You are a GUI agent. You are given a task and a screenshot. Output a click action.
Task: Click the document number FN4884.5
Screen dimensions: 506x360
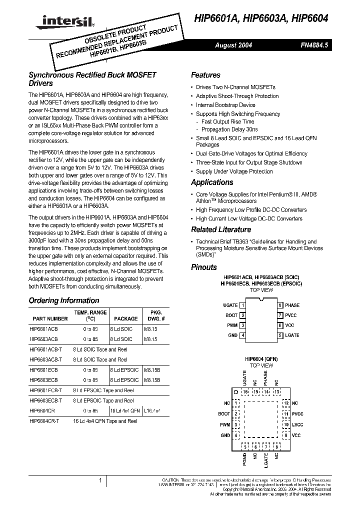314,45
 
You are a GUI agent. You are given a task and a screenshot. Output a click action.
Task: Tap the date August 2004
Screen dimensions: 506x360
233,45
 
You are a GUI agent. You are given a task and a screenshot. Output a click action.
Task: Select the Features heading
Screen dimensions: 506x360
205,75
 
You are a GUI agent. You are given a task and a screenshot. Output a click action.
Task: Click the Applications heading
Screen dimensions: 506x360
212,182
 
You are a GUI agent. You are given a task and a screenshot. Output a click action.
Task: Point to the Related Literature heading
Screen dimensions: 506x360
221,229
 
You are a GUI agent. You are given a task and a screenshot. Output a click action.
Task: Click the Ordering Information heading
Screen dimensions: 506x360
64,300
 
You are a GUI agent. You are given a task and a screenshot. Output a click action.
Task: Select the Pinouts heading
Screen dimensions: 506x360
204,267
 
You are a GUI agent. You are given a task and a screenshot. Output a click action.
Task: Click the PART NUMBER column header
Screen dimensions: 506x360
50,318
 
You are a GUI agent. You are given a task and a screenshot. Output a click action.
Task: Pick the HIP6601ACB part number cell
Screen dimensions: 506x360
44,329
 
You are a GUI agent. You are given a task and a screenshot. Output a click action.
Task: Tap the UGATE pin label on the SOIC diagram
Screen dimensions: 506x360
230,305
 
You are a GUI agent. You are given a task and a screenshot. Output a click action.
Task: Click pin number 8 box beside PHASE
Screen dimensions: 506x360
280,305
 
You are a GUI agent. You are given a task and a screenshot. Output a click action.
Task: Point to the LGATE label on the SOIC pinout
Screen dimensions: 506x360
292,335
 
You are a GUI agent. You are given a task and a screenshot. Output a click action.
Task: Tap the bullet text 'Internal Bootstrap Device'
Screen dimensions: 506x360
225,105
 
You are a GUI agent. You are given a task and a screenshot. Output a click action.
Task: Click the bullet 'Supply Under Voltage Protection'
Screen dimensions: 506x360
234,171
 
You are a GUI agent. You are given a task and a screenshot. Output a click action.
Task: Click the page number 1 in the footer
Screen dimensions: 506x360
100,480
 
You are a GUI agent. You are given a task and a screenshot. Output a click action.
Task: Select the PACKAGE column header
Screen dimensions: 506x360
126,318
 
